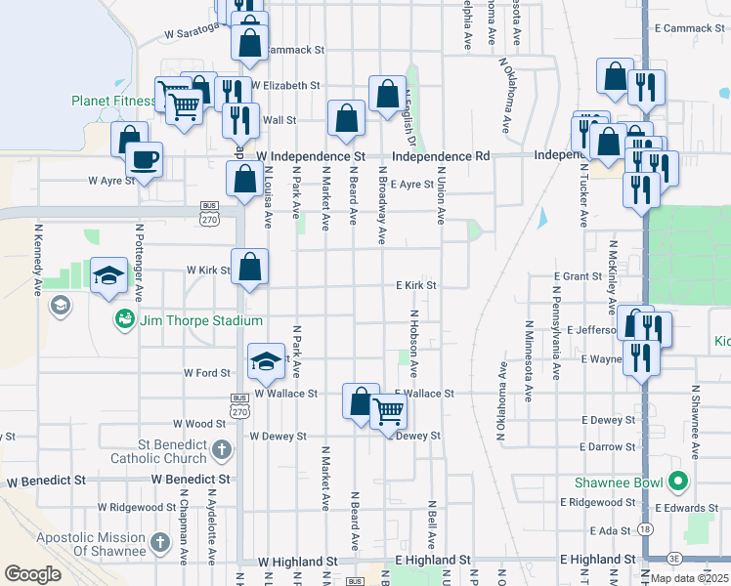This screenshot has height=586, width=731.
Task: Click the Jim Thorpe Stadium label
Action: click(x=200, y=320)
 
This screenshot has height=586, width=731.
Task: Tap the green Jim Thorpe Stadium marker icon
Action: click(x=124, y=319)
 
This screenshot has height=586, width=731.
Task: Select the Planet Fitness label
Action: click(x=113, y=101)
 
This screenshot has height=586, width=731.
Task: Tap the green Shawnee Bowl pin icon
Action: click(x=675, y=481)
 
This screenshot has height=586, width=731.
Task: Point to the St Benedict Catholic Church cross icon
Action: click(x=222, y=450)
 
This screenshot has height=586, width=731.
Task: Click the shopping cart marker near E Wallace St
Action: click(x=389, y=413)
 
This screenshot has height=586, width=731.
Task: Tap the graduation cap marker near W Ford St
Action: click(x=266, y=361)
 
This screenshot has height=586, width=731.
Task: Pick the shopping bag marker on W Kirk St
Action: click(x=249, y=266)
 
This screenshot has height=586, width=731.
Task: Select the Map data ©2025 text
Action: click(x=690, y=578)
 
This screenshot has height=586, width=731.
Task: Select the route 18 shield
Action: click(x=645, y=527)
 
